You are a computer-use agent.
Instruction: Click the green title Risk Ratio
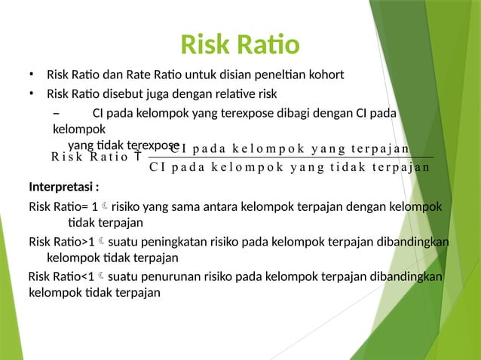click(240, 45)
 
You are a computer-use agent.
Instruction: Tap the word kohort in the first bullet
click(326, 75)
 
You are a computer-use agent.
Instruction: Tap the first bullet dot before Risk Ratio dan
click(32, 75)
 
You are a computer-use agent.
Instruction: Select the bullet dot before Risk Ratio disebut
click(32, 94)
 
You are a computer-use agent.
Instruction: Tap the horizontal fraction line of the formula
click(290, 157)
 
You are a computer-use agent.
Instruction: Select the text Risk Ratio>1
click(62, 242)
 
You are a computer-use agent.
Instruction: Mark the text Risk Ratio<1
click(61, 276)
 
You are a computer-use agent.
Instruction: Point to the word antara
click(216, 206)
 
